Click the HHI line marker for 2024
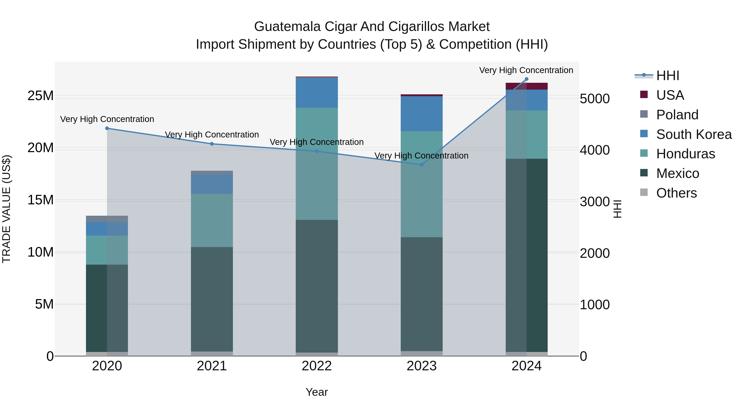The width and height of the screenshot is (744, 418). [526, 79]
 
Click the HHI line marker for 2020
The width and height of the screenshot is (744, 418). [107, 128]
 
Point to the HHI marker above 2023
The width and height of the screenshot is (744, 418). [421, 165]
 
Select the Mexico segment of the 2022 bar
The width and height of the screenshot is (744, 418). [317, 286]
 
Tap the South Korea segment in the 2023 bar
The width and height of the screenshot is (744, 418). [421, 114]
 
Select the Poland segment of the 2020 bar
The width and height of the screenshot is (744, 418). [107, 219]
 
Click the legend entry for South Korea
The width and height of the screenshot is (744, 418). [694, 134]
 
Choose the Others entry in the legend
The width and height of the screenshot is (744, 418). [676, 193]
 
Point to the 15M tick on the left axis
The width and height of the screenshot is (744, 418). [41, 200]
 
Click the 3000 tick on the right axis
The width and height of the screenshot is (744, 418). [595, 202]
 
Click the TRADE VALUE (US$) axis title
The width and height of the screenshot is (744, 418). [6, 209]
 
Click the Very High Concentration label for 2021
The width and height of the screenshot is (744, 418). [212, 135]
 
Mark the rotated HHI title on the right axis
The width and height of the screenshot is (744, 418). [617, 209]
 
